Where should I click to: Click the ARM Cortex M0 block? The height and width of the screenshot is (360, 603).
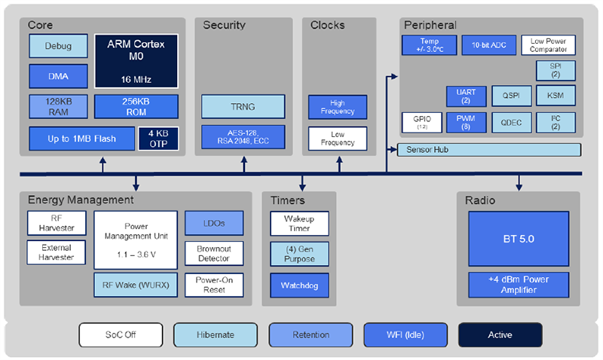pos(136,59)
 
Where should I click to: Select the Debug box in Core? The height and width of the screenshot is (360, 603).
pos(58,46)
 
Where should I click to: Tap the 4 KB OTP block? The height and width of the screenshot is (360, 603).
pos(158,139)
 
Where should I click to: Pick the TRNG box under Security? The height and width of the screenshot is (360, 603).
pos(243,107)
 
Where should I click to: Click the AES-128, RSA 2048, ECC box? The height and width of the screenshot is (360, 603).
pos(243,137)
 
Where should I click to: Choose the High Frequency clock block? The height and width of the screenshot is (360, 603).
pos(337,107)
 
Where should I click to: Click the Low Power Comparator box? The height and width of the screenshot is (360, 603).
pos(548,45)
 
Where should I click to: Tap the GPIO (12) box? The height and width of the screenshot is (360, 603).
pos(416,122)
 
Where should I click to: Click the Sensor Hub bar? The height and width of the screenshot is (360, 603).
pos(488,150)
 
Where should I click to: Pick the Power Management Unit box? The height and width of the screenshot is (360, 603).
pos(136,239)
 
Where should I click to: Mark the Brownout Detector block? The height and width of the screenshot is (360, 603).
pos(215,253)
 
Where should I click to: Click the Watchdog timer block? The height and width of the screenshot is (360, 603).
pos(300,285)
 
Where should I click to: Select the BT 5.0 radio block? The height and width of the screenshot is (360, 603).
pos(519,239)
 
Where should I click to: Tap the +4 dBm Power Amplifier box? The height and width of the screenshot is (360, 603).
pos(519,284)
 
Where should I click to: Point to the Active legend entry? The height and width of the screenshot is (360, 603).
pos(500,334)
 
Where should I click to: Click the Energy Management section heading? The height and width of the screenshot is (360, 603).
pos(81,200)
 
